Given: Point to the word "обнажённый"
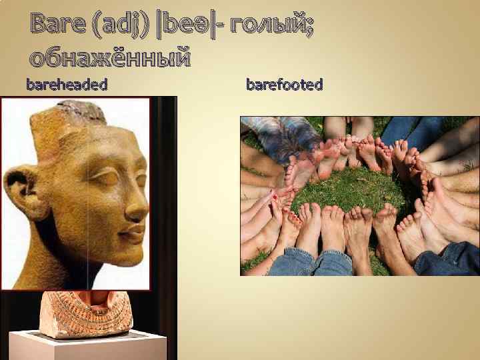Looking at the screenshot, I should [x=110, y=58].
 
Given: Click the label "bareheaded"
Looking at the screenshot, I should [x=67, y=85].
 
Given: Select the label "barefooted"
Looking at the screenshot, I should [x=285, y=85].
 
